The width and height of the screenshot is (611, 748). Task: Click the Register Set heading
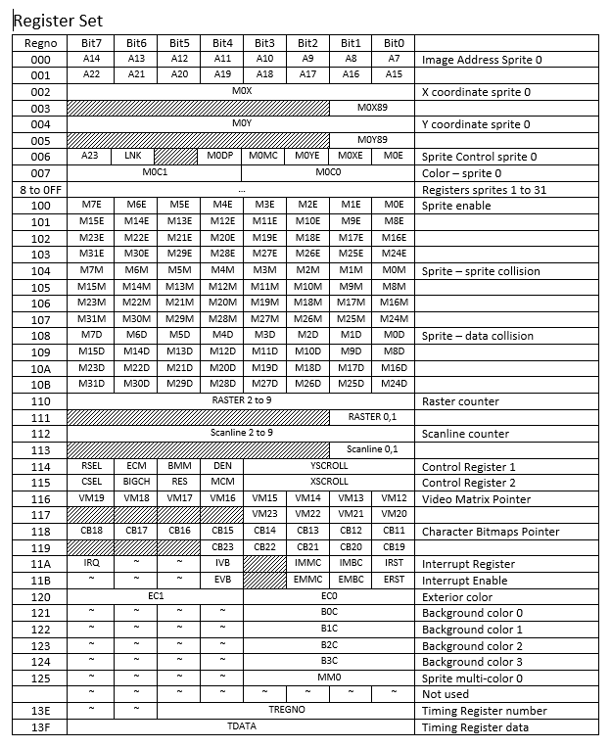pos(58,20)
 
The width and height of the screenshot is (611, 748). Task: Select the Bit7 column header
pos(91,43)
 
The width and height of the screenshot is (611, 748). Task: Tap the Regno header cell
pos(39,43)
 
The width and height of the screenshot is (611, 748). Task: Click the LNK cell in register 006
pos(133,156)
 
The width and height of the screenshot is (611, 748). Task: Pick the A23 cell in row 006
pos(90,156)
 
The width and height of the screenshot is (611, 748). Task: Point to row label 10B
pos(39,384)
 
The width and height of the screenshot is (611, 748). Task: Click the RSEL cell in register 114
pos(91,466)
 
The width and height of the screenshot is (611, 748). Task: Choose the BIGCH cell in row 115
pos(135,482)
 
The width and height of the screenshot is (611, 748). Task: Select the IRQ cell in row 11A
pos(91,563)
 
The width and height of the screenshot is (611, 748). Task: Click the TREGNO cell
pos(287,710)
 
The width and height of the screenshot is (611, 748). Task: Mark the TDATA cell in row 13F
pos(241,726)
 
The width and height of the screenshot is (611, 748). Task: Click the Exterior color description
pos(458,596)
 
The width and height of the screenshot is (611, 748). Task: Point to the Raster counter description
pos(459,401)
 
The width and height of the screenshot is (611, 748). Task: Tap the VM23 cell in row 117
pos(264,514)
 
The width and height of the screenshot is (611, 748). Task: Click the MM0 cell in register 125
pos(329,677)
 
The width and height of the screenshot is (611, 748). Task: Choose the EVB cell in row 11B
pos(222,580)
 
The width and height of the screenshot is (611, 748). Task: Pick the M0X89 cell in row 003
pos(373,108)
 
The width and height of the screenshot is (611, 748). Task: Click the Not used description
pos(446,694)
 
